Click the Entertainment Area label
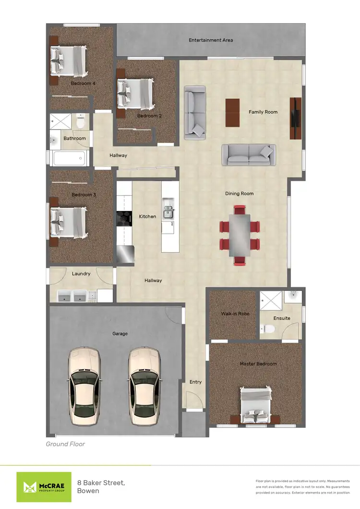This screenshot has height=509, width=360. (211, 40)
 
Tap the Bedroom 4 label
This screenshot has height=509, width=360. (83, 83)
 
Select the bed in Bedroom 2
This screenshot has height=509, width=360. (136, 94)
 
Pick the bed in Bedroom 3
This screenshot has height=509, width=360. (69, 222)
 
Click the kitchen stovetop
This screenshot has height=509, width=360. (125, 219)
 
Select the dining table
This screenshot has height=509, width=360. (240, 235)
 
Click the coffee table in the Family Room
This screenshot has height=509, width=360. (232, 113)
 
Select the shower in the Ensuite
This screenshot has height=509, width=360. (271, 301)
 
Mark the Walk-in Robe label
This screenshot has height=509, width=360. (235, 314)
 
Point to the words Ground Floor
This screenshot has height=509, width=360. (65, 444)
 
